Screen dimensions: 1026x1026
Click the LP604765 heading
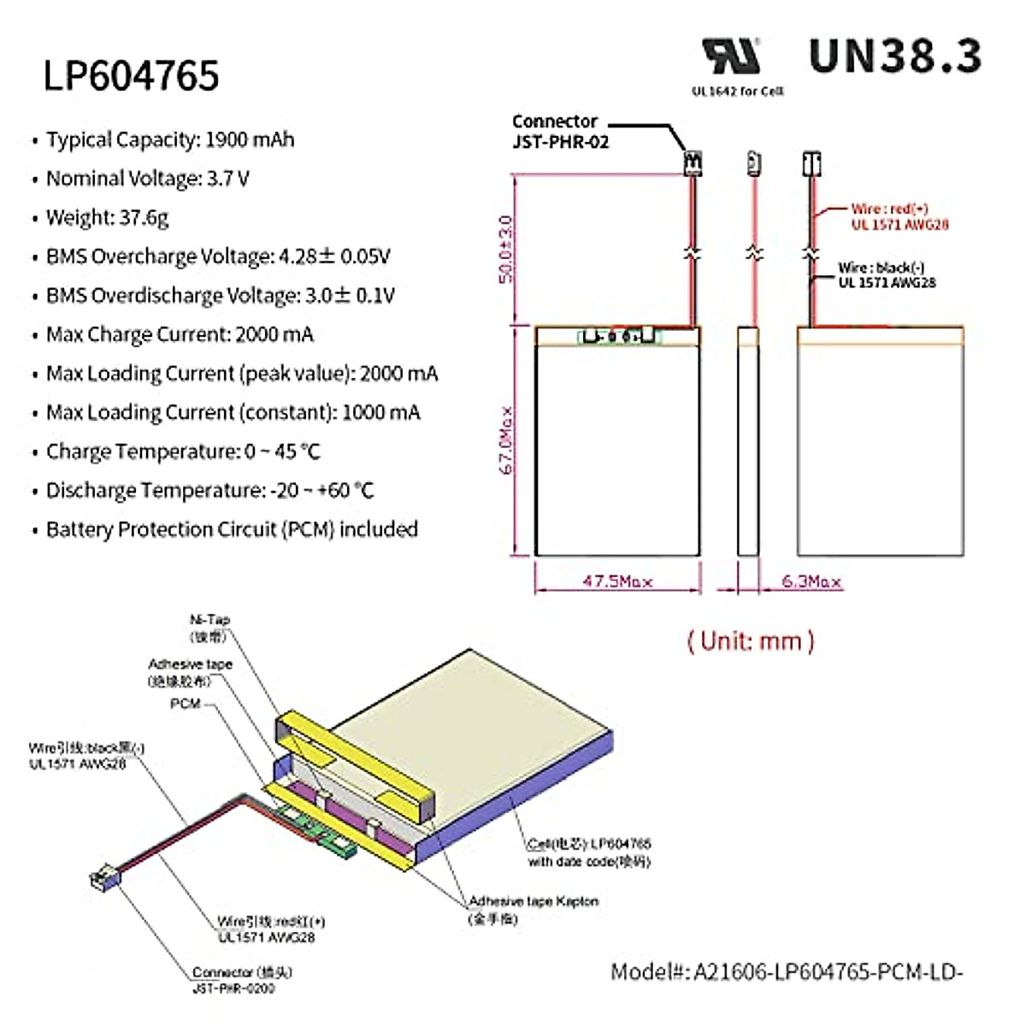pyautogui.click(x=132, y=75)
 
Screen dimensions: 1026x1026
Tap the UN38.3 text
pyautogui.click(x=894, y=56)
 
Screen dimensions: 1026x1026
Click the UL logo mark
pyautogui.click(x=731, y=56)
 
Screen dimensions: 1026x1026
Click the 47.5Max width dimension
pyautogui.click(x=617, y=581)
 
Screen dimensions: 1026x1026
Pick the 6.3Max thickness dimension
pyautogui.click(x=811, y=581)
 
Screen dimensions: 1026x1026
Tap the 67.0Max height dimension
pyautogui.click(x=507, y=439)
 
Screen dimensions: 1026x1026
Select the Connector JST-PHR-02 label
pyautogui.click(x=560, y=132)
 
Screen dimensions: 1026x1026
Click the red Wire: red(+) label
pyautogui.click(x=898, y=216)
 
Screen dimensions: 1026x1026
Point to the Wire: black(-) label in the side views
pyautogui.click(x=887, y=274)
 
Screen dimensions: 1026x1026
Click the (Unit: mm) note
pyautogui.click(x=751, y=641)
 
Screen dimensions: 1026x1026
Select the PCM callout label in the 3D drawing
pyautogui.click(x=186, y=704)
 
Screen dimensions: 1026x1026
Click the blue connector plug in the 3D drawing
pyautogui.click(x=104, y=878)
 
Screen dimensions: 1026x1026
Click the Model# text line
pyautogui.click(x=787, y=971)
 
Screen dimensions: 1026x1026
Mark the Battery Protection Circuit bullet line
pyautogui.click(x=232, y=529)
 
